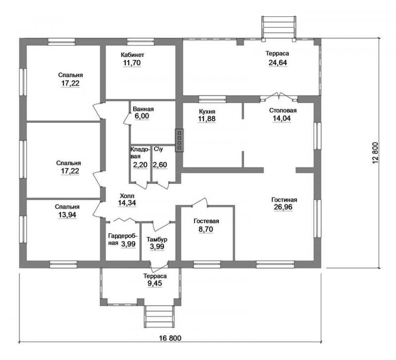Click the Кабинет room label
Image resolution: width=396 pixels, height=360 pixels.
pos(132,55)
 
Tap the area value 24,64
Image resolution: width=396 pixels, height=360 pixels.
pos(278,63)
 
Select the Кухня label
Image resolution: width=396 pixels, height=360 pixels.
pos(207,111)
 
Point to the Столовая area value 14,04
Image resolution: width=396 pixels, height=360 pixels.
pos(282,118)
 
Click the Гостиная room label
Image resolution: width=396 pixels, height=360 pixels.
pos(284,200)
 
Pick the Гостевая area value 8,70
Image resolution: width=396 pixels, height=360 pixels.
pos(206,229)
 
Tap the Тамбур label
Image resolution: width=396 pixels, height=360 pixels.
pos(157,239)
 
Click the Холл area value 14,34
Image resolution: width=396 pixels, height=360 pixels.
pos(127,203)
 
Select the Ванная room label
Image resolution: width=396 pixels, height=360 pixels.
pos(143,109)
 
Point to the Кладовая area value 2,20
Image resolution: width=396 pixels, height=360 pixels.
pos(140,165)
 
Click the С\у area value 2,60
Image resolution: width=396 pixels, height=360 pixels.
pos(160,165)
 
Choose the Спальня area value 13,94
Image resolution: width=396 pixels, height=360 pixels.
pos(67,215)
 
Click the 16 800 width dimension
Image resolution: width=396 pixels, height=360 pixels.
pos(170,338)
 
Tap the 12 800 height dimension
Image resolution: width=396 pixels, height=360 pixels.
pos(375,153)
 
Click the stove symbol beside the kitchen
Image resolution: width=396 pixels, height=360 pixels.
pos(179,141)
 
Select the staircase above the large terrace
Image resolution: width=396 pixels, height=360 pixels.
pos(278,27)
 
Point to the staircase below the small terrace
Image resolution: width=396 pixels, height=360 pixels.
pos(159,317)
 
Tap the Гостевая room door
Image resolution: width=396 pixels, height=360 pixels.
pos(200,202)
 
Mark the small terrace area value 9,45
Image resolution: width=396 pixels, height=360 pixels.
pos(155,284)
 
